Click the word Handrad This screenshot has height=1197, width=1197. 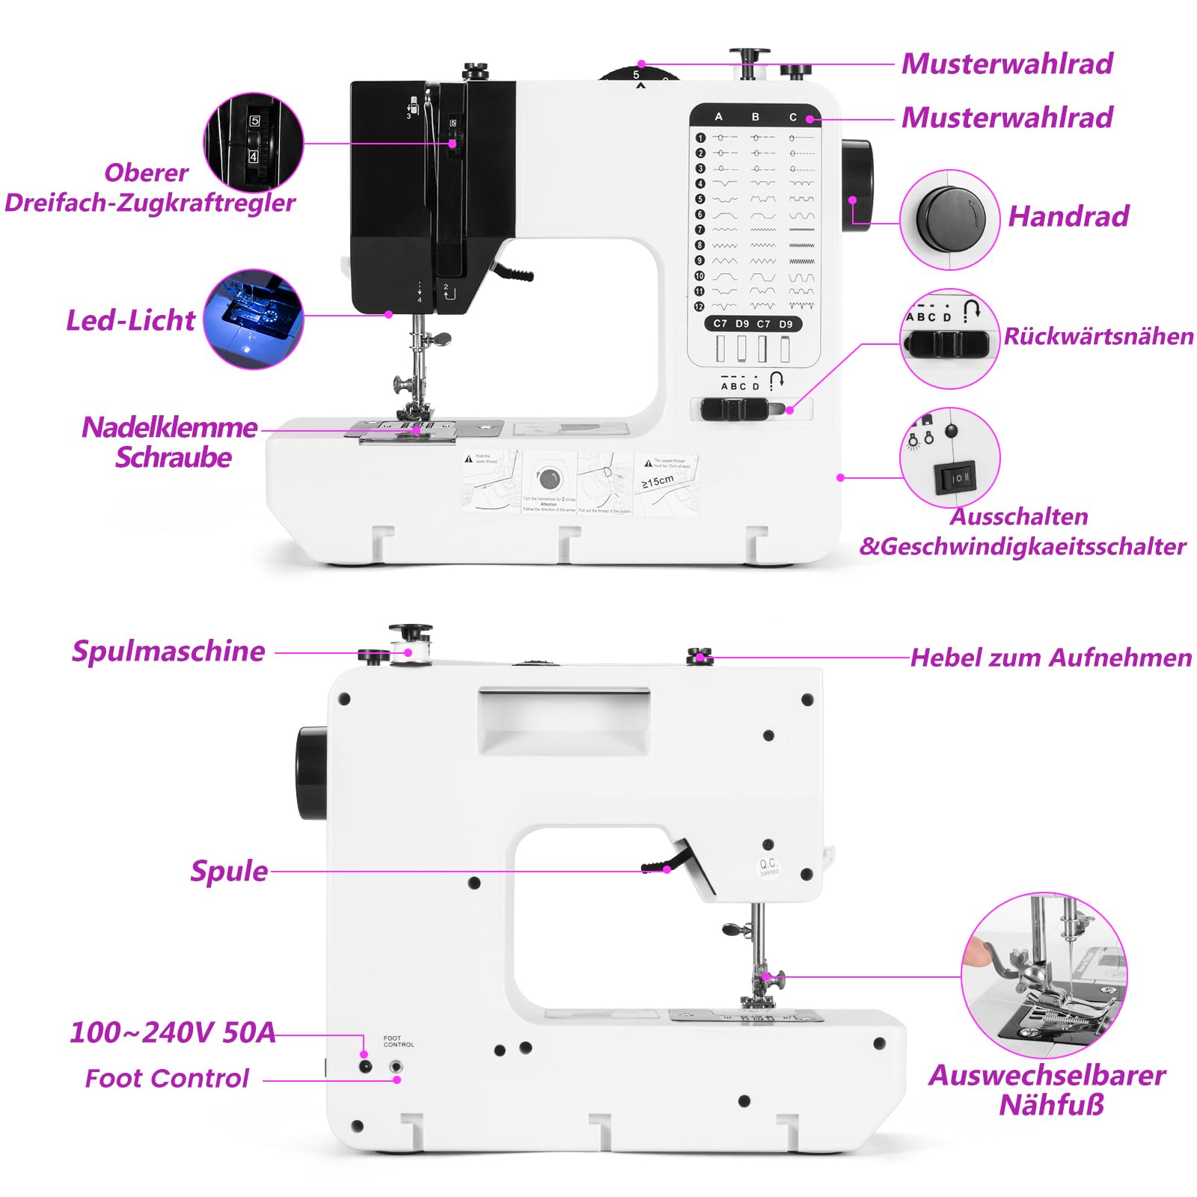(x=1068, y=216)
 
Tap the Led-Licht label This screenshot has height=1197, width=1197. (x=130, y=320)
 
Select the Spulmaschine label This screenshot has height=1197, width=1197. (x=168, y=651)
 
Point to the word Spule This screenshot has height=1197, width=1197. (x=229, y=871)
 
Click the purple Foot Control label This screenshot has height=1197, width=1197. (x=167, y=1078)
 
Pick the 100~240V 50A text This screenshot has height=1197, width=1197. (x=173, y=1032)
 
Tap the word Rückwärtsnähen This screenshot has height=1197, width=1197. (x=1098, y=336)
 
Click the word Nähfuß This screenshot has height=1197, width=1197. (x=1051, y=1105)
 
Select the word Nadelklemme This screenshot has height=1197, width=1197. (x=170, y=427)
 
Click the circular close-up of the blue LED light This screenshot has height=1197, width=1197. (x=254, y=319)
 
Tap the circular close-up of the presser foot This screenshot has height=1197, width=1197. (x=1044, y=975)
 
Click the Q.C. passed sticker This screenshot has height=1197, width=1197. (x=768, y=866)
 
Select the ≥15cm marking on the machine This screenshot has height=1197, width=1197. (x=658, y=482)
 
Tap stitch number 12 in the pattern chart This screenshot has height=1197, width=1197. (x=699, y=307)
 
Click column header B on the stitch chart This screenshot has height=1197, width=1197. (x=756, y=117)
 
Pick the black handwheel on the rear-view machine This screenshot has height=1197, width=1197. (x=311, y=773)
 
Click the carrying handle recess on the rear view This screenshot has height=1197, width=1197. (x=564, y=720)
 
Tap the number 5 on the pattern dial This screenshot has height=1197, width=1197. (x=637, y=75)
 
